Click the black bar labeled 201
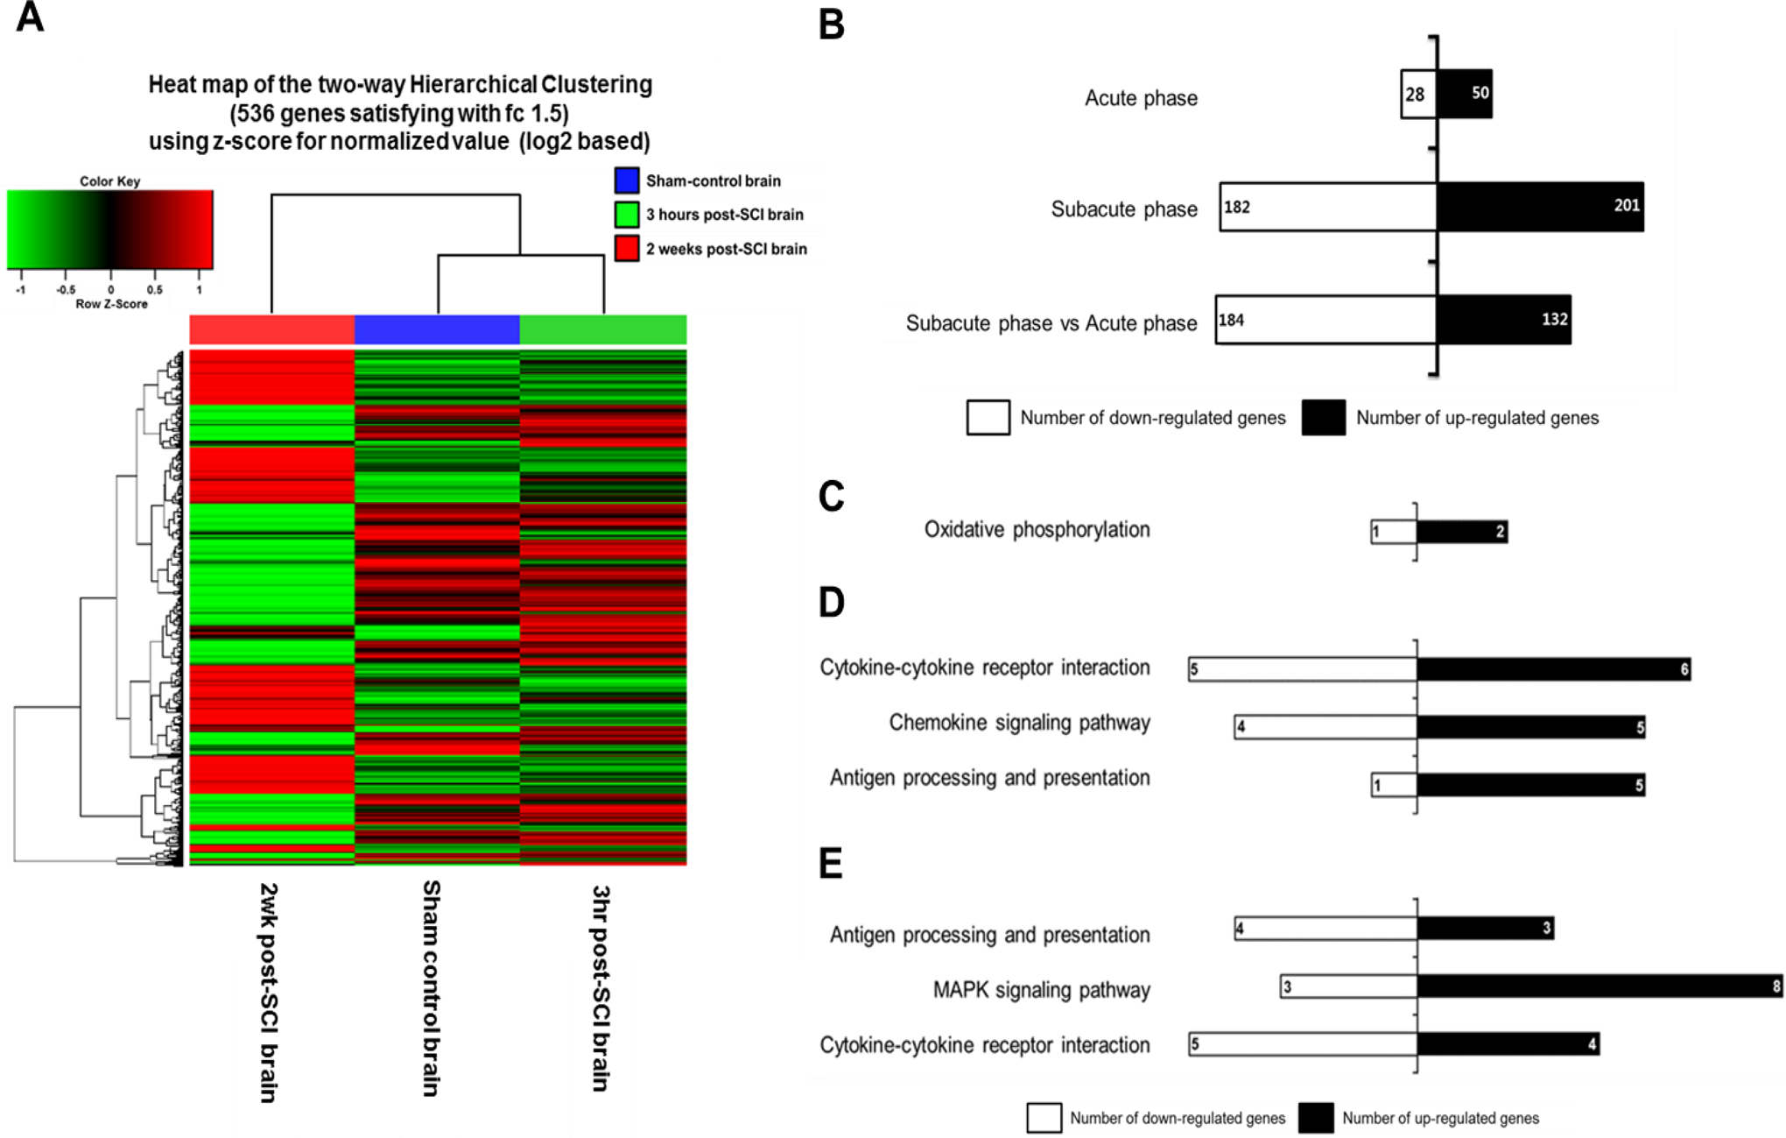point(1540,207)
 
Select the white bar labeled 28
point(1419,95)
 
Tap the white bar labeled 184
point(1326,320)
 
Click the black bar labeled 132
point(1504,320)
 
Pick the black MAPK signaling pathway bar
point(1600,986)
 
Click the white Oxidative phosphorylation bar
point(1394,532)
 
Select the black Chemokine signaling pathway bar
point(1531,727)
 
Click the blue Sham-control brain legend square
point(627,180)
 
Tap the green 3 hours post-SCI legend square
point(627,215)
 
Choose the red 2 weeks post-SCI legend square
point(627,249)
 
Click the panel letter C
point(832,496)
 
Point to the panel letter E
point(831,863)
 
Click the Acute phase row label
point(1141,98)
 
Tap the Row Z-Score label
point(111,304)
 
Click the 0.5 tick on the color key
point(155,289)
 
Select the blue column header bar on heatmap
point(437,329)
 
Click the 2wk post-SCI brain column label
point(268,992)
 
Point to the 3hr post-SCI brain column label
point(600,988)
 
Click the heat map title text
point(400,113)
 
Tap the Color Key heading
point(110,181)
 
